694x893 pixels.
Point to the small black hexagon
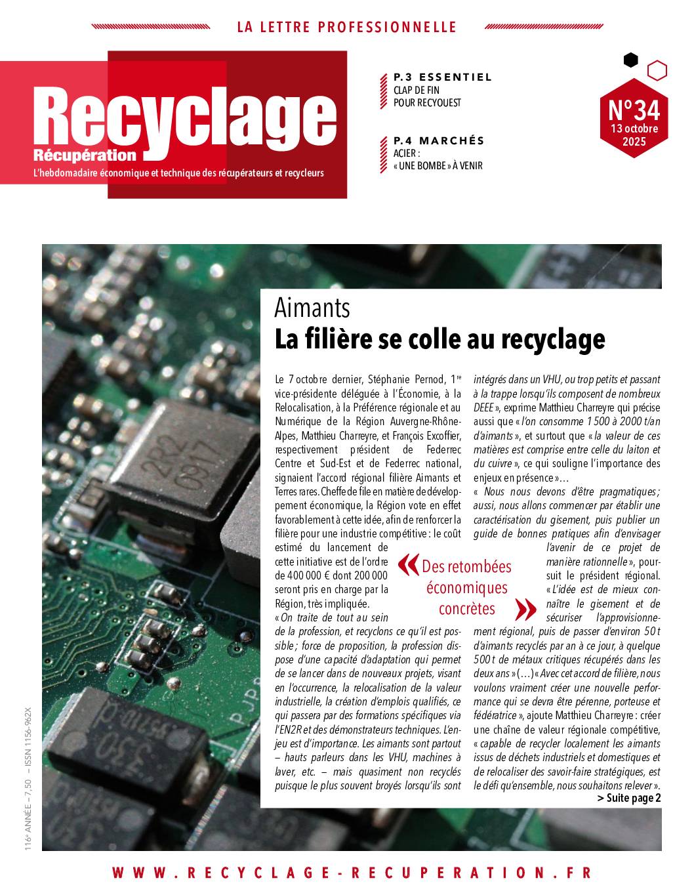click(630, 60)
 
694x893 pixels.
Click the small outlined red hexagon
click(657, 70)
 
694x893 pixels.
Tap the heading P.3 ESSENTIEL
click(443, 77)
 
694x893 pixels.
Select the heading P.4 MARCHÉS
click(439, 140)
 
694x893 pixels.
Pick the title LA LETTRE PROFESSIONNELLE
click(346, 28)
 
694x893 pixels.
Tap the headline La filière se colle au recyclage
click(439, 339)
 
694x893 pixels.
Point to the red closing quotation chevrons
click(523, 609)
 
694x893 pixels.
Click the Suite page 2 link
click(629, 798)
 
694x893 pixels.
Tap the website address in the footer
click(352, 873)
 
